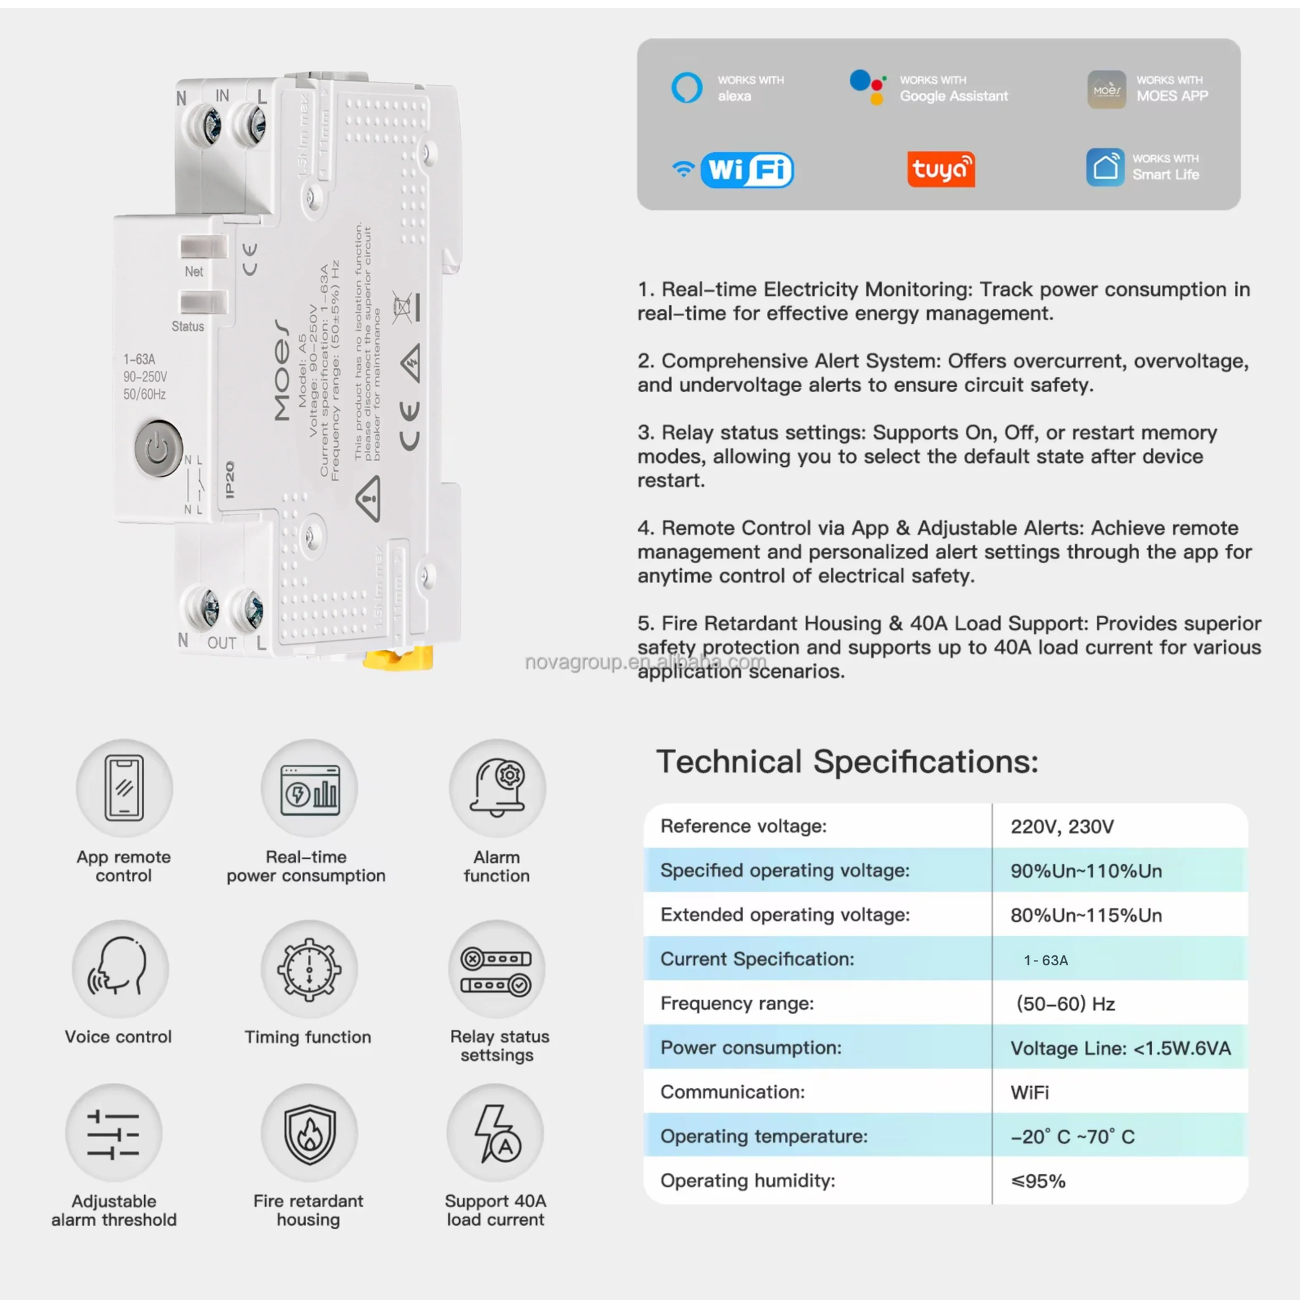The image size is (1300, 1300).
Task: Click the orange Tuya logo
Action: (941, 169)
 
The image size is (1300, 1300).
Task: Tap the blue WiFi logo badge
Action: (746, 170)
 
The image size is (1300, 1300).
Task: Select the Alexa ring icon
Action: (686, 88)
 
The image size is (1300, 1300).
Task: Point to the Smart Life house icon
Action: (1105, 167)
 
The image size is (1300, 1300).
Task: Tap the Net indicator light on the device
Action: (203, 247)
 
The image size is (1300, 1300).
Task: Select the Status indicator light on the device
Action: (203, 301)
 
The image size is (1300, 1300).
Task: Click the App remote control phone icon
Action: (124, 787)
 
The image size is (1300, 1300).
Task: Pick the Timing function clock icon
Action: (309, 969)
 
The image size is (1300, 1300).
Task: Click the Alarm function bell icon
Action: (498, 787)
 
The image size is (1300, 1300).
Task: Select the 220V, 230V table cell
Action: (1062, 826)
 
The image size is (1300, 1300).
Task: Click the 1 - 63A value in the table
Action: (1045, 960)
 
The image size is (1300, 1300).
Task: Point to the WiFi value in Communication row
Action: (1029, 1092)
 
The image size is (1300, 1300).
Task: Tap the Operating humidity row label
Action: (748, 1181)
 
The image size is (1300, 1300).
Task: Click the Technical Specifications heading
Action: (847, 762)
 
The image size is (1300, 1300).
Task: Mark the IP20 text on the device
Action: (230, 479)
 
